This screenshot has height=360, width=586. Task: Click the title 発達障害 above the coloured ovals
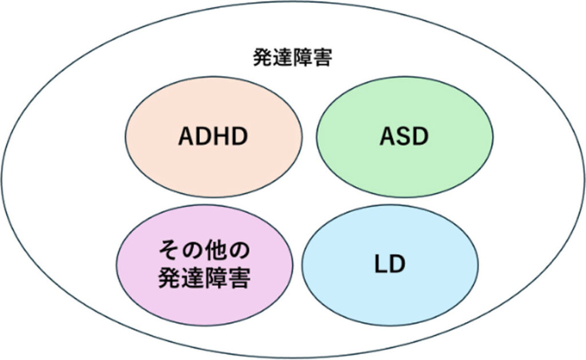point(292,58)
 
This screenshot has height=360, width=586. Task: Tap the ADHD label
point(213,137)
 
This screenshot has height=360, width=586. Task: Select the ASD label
point(404,137)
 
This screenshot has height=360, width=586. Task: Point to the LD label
point(389,264)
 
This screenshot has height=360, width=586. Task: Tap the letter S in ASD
point(404,137)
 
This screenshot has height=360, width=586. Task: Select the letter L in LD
point(380,264)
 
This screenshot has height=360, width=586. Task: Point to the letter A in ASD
point(387,137)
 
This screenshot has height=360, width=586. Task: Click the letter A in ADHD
point(187,137)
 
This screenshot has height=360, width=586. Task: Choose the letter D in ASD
point(421,137)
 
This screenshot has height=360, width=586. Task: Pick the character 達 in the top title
point(282,58)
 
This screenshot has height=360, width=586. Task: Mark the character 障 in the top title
point(302,58)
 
